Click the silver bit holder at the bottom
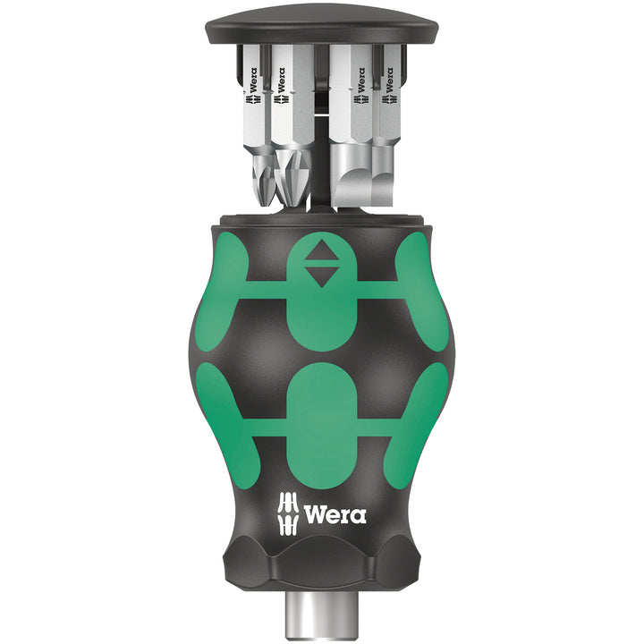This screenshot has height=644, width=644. (x=322, y=617)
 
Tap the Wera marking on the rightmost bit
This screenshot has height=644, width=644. (x=390, y=80)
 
